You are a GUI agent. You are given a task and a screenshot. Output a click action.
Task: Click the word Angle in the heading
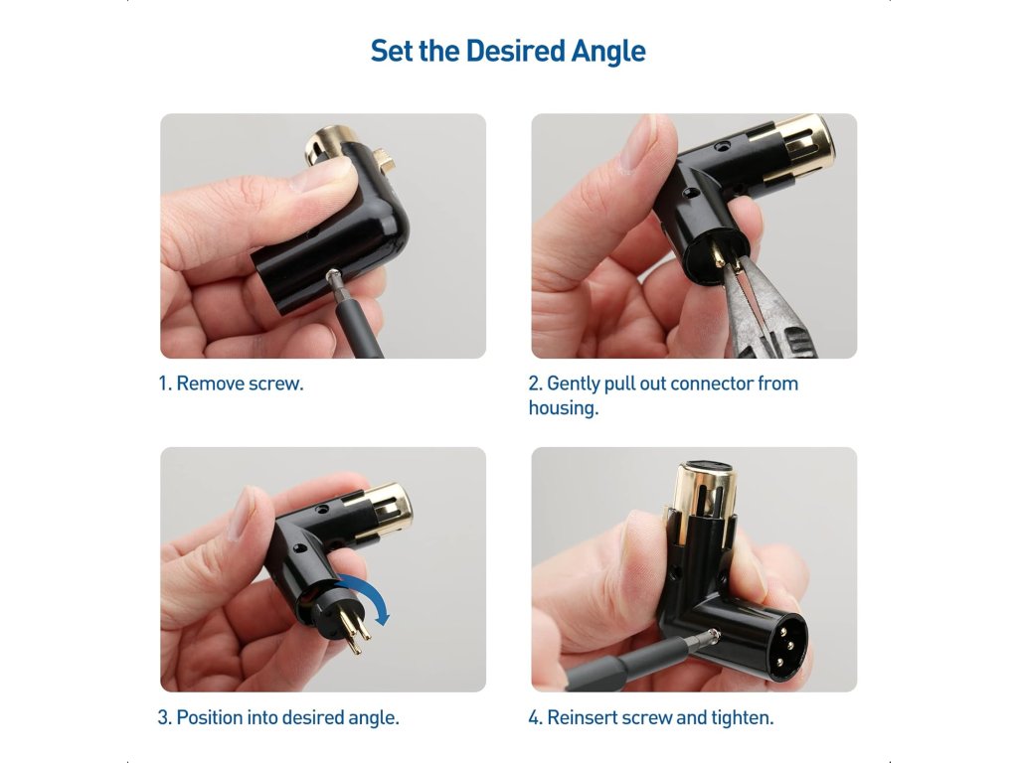608,52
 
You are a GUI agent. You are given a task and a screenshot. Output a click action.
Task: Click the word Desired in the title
515,51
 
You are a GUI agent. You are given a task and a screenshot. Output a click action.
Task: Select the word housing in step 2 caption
563,408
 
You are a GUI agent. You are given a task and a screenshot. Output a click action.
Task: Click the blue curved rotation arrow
368,594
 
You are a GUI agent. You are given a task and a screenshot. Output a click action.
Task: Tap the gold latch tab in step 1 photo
379,160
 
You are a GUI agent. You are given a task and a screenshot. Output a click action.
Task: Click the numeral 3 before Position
163,718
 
